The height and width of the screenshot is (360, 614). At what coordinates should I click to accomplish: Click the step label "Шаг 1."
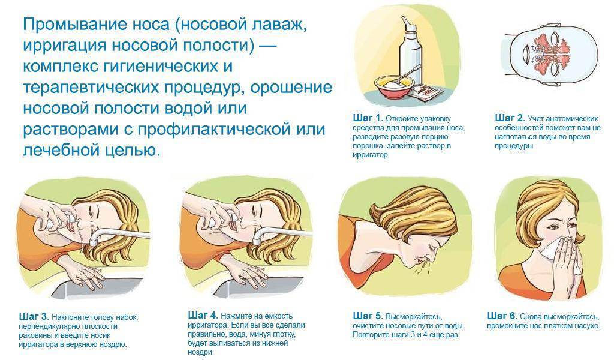(367, 118)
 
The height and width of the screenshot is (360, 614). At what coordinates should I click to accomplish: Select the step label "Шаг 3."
(34, 316)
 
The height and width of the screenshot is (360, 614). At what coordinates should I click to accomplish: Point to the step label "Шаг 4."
(202, 315)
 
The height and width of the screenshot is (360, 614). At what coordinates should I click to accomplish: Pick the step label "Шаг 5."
(368, 316)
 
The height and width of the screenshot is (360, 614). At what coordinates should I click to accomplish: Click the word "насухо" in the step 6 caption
(585, 326)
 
